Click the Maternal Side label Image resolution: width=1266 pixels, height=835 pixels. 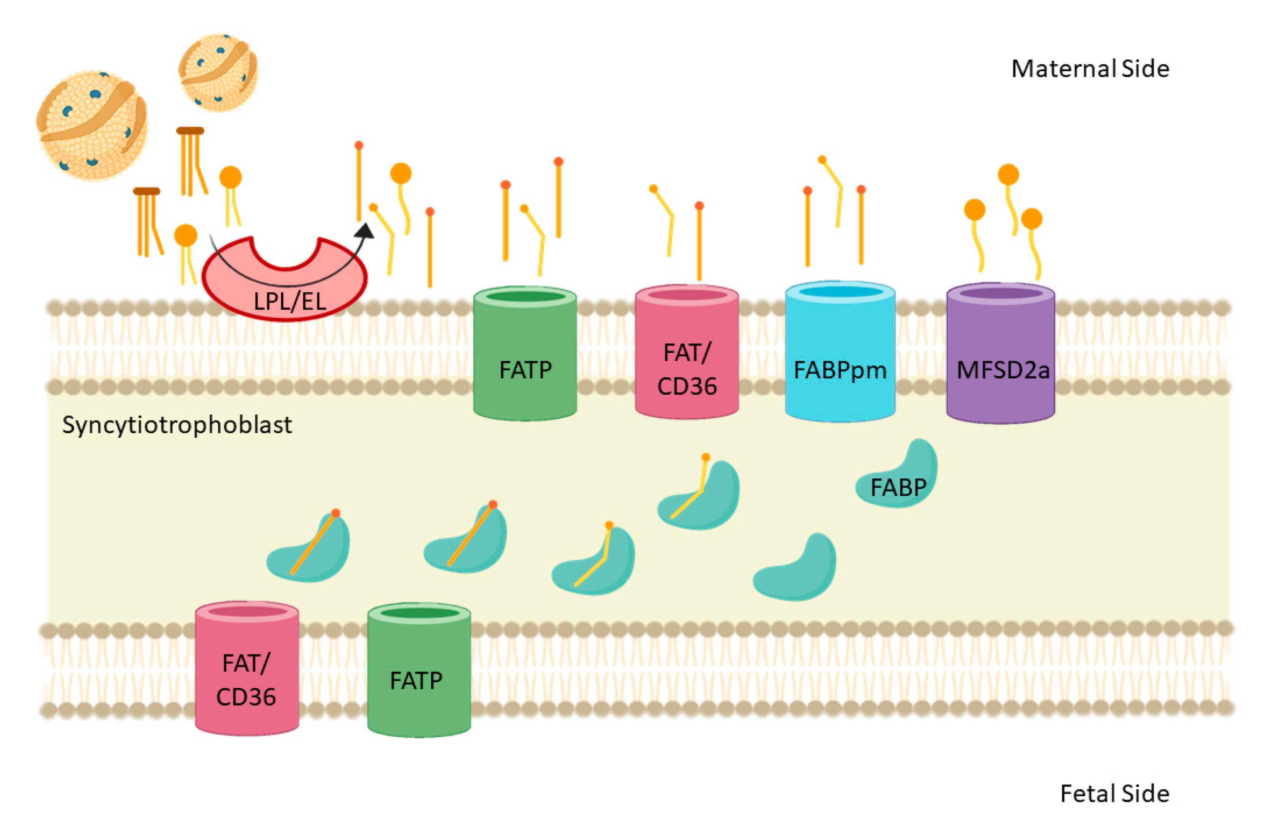1090,69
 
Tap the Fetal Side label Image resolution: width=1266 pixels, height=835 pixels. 1115,793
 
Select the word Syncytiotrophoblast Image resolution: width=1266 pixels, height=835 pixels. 177,425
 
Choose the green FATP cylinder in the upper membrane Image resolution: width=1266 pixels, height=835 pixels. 525,353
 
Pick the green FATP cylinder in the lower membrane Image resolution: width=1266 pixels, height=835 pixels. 419,670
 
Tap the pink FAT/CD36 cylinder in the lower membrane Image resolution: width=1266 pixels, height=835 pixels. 247,668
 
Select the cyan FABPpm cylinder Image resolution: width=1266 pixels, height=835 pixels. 840,351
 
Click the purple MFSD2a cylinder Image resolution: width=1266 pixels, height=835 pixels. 1000,353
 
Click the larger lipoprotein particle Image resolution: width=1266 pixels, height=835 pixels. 92,126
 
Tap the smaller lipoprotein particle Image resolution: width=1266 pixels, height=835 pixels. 218,72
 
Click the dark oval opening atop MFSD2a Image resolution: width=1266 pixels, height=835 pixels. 1001,293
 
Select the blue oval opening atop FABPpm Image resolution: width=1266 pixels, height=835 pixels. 841,292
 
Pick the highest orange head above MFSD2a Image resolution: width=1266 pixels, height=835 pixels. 1008,175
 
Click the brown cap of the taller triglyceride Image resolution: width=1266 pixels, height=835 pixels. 190,130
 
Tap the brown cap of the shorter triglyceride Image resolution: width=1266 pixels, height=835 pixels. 147,191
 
